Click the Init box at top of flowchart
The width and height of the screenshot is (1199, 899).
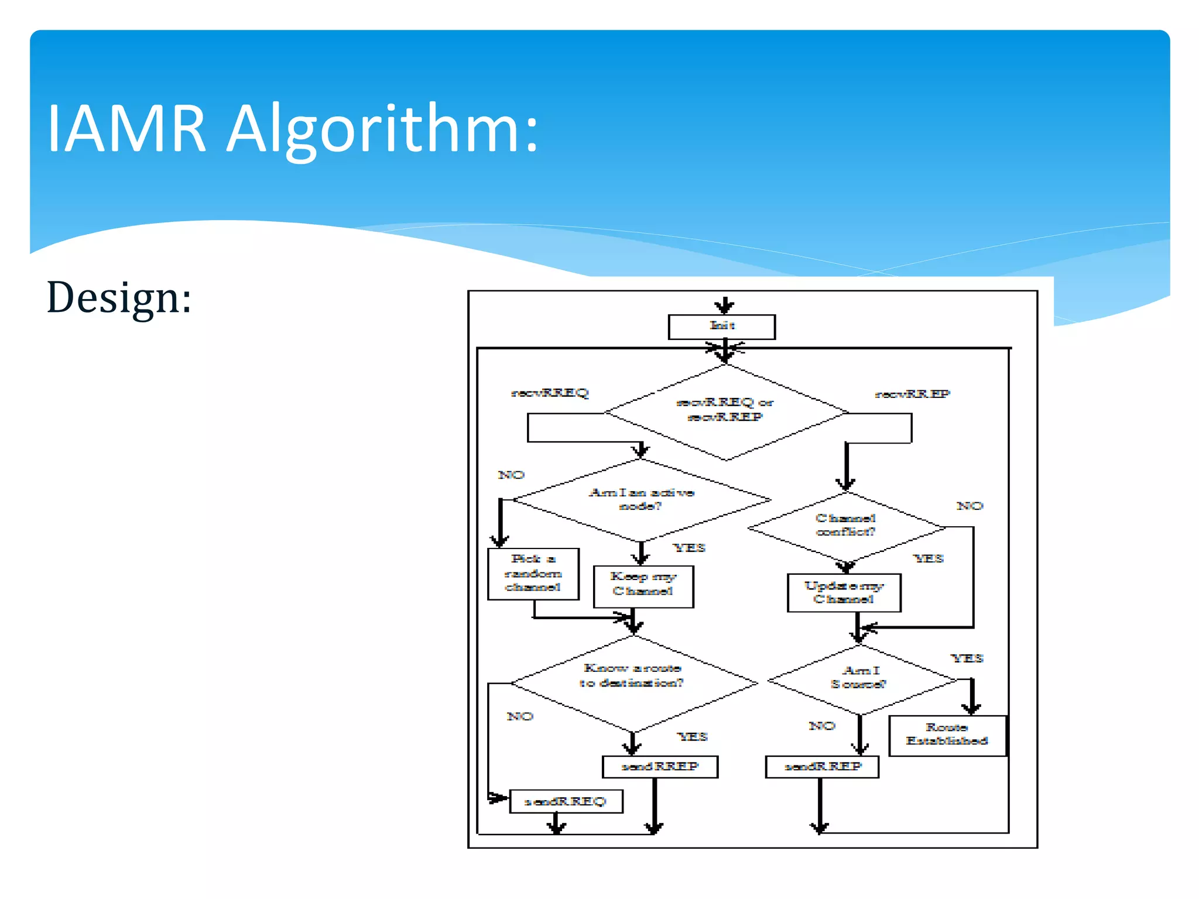pos(721,327)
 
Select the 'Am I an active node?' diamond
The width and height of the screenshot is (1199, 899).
pos(641,499)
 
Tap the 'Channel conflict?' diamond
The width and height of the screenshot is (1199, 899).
pos(845,526)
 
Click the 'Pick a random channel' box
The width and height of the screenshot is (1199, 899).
pos(533,574)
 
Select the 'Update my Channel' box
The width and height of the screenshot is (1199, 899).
pos(844,592)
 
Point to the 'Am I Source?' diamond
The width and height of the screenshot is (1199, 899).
pos(859,679)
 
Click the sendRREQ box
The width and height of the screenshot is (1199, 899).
pos(566,801)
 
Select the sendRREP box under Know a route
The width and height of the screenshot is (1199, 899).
pos(660,767)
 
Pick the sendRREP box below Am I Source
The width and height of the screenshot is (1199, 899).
pos(822,767)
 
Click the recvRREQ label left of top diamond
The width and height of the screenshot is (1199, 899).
pos(550,393)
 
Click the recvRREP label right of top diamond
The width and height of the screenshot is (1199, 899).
pos(912,394)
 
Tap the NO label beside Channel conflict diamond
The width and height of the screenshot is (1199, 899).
pos(970,506)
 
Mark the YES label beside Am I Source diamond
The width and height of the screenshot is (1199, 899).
pos(967,658)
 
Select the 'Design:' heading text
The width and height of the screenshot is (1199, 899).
pos(119,298)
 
